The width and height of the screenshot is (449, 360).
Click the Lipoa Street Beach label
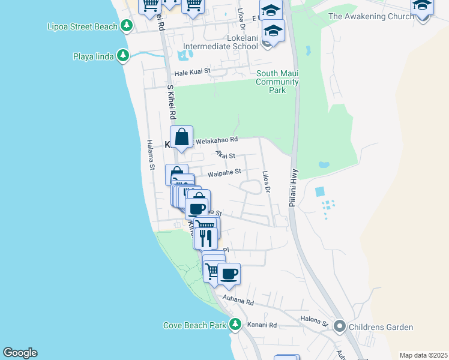pos(82,26)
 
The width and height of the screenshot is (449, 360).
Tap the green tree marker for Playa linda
pos(123,56)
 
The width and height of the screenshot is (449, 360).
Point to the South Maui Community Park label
pos(277,82)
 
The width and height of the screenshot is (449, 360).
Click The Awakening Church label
pos(372,16)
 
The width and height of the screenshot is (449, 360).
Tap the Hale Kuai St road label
pos(193,71)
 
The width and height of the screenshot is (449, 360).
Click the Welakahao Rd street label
pos(215,139)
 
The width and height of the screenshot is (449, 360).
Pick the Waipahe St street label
pos(224,174)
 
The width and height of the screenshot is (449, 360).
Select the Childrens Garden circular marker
pos(340,327)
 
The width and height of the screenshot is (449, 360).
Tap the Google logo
pos(20,353)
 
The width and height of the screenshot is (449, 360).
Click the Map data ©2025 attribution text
pos(423,355)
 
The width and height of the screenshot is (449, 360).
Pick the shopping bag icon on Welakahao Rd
pos(181,137)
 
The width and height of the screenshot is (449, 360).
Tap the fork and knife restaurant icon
pos(205,238)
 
